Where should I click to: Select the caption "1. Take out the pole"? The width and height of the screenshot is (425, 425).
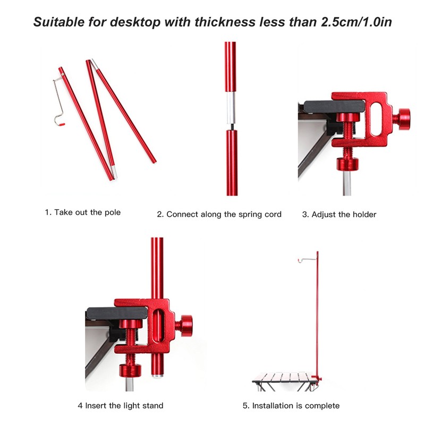[82, 212]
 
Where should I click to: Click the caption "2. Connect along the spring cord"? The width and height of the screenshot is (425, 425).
[219, 215]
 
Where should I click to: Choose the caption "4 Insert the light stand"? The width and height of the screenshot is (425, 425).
[121, 406]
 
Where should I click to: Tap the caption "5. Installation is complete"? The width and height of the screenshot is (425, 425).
[291, 406]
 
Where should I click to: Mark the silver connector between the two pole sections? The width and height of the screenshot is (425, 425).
[230, 109]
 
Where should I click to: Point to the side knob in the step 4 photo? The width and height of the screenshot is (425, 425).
[185, 326]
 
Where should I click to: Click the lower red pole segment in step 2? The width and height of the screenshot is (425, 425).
[231, 162]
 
